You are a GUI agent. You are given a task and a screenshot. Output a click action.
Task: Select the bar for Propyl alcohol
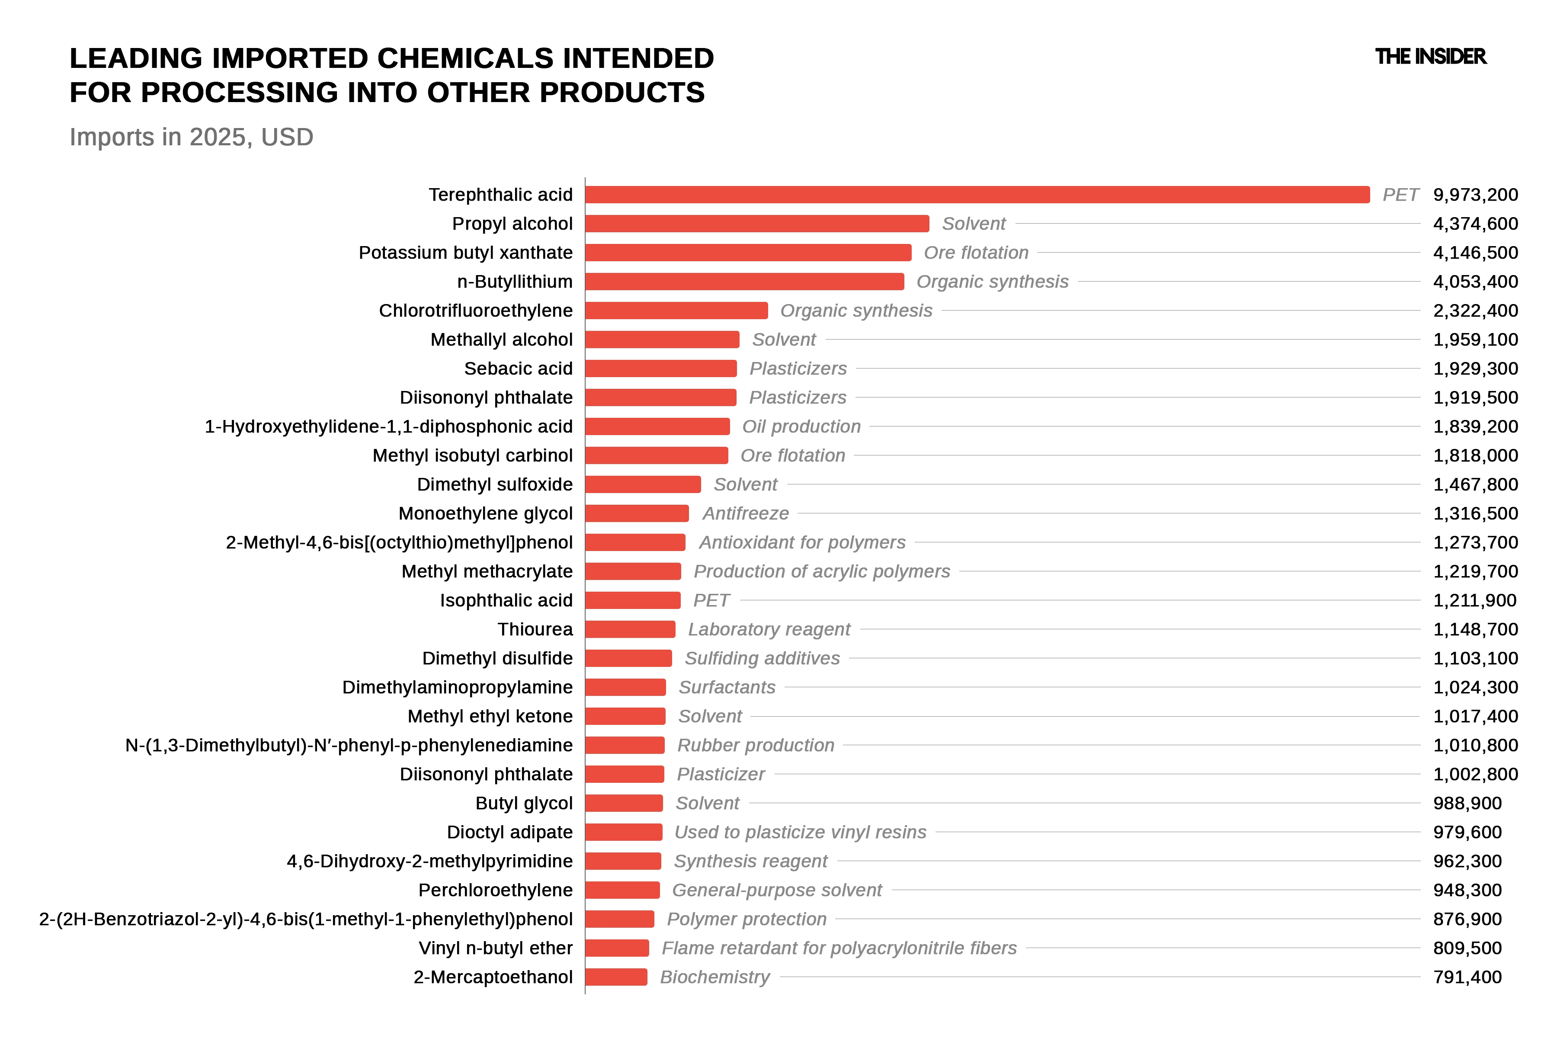[x=757, y=224]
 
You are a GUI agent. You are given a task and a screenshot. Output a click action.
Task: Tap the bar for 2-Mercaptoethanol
[x=616, y=977]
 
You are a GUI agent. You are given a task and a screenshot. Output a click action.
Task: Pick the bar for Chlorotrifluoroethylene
[x=676, y=311]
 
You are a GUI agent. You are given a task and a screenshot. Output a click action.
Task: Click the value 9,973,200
[x=1476, y=195]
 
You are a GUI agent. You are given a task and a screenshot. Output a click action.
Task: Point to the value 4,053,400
[x=1476, y=282]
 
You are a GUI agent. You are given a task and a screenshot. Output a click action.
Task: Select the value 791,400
[x=1467, y=977]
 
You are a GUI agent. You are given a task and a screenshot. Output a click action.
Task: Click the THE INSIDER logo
[x=1431, y=57]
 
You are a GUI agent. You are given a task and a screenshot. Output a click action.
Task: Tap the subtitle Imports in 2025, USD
[x=191, y=137]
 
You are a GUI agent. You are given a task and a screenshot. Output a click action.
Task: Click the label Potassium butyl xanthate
[x=465, y=253]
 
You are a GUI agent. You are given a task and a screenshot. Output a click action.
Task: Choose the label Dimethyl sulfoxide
[x=494, y=484]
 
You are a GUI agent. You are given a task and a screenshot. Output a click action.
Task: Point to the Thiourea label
[x=535, y=630]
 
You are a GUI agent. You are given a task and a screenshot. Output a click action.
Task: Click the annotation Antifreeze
[x=745, y=514]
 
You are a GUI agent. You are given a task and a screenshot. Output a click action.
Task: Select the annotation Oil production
[x=801, y=426]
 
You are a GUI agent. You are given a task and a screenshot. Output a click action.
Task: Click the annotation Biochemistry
[x=715, y=977]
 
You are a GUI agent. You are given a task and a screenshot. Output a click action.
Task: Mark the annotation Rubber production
[x=755, y=745]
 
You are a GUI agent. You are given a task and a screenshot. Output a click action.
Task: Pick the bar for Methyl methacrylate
[x=633, y=571]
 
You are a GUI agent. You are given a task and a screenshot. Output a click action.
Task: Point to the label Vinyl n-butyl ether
[x=495, y=948]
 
